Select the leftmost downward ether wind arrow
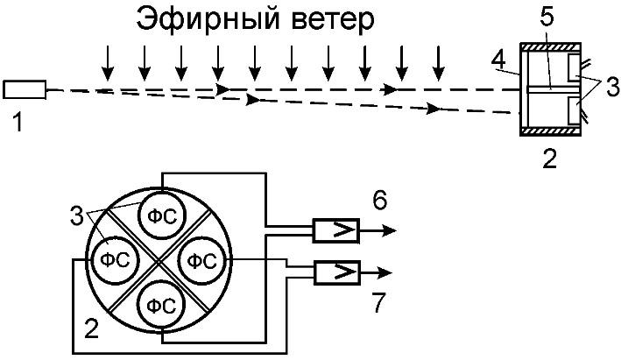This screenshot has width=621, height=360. pyautogui.click(x=107, y=60)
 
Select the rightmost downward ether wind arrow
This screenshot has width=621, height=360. pyautogui.click(x=438, y=60)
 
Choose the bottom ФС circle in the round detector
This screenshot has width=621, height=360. pyautogui.click(x=159, y=304)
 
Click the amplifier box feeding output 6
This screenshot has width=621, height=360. pyautogui.click(x=334, y=231)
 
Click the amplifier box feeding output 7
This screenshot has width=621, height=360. pyautogui.click(x=334, y=272)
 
